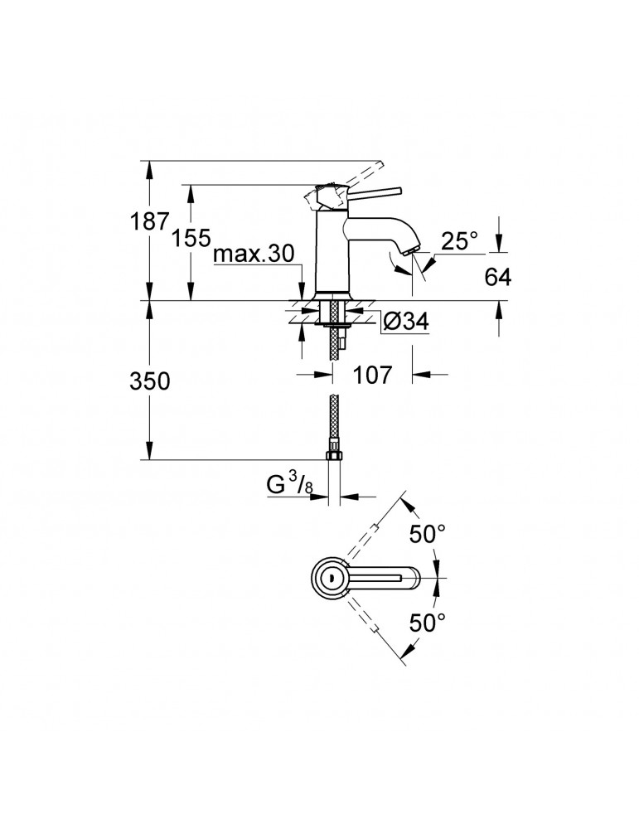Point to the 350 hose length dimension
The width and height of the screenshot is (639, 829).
pos(150,381)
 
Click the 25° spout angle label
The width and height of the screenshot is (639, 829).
pos(460,241)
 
